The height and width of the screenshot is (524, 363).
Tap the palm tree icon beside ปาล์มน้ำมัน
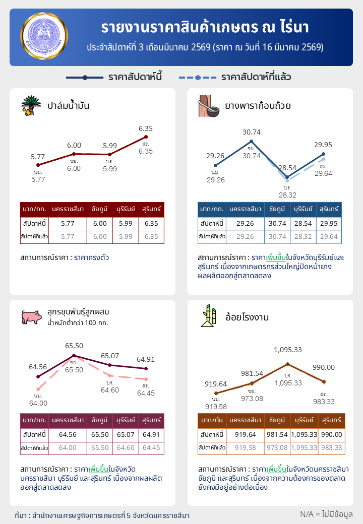(x=31, y=105)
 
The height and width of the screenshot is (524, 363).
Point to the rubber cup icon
(x=208, y=105)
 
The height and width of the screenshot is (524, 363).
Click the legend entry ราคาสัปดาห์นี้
(x=113, y=78)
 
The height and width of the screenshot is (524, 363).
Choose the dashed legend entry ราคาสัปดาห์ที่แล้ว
(x=234, y=78)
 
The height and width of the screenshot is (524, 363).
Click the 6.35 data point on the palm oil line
(x=146, y=137)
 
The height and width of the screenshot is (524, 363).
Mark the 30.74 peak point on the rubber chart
(x=251, y=142)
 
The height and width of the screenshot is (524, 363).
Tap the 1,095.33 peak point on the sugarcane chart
(x=287, y=364)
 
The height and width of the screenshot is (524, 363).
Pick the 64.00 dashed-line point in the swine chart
(x=38, y=389)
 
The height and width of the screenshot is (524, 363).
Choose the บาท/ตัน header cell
(x=212, y=420)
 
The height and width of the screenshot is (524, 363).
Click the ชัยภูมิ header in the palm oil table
(x=100, y=209)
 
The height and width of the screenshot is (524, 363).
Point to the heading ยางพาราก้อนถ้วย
(x=258, y=106)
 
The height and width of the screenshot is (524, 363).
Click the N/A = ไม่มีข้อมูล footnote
(x=326, y=514)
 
